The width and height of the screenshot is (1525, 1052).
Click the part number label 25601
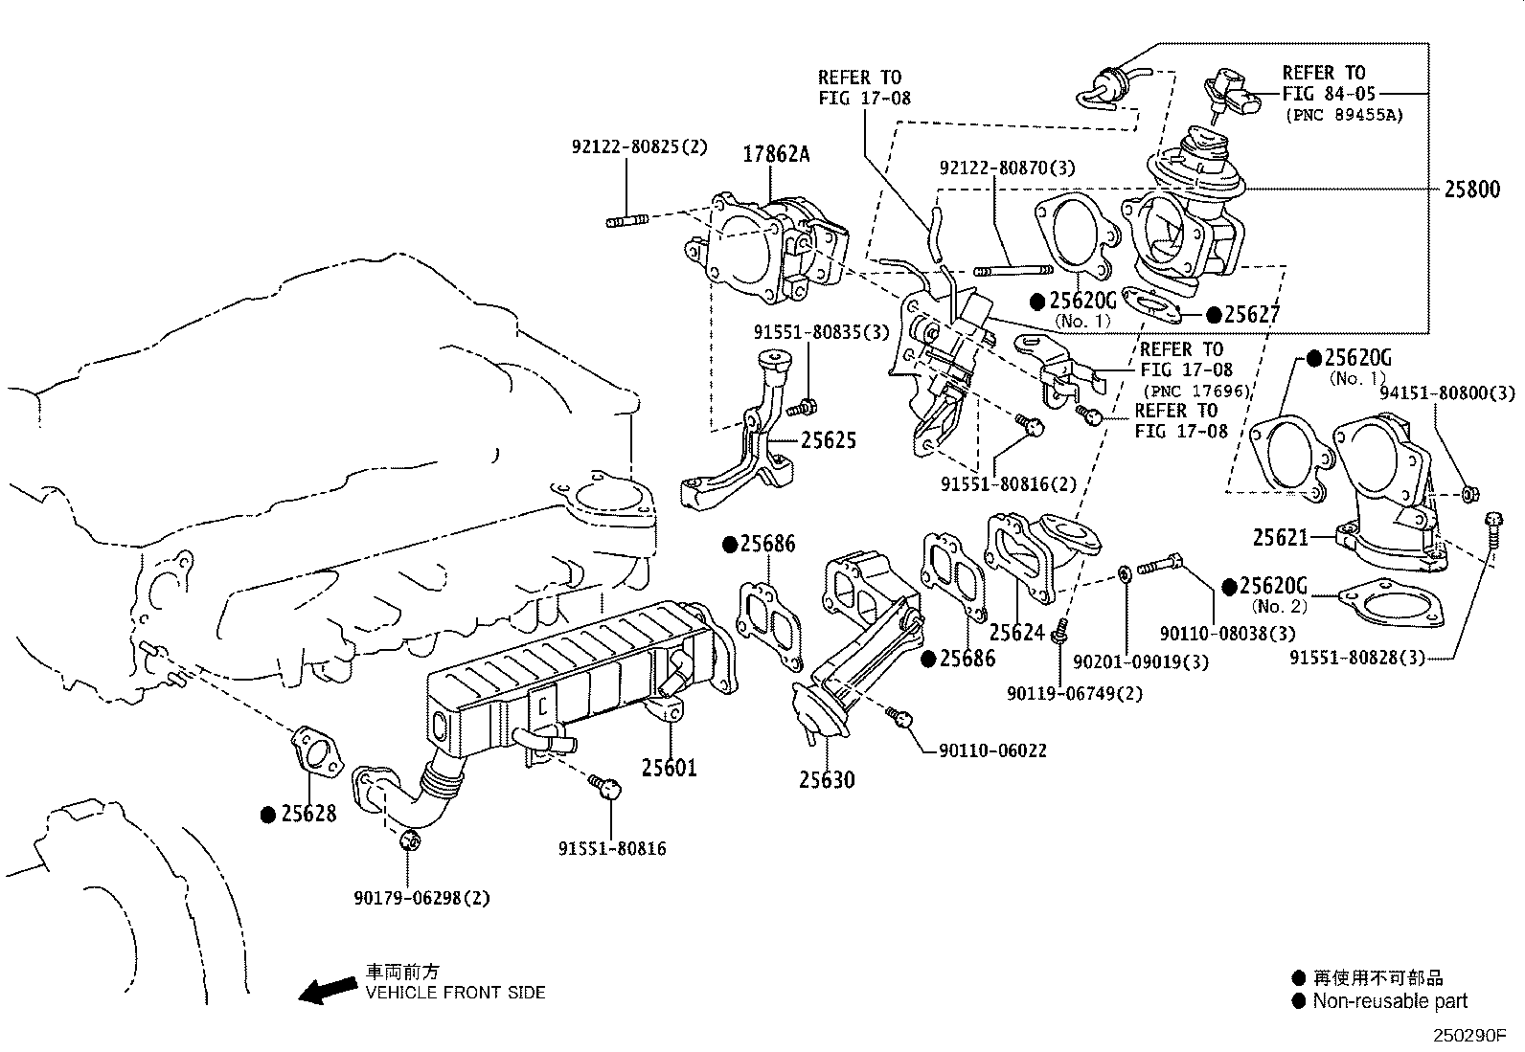(669, 768)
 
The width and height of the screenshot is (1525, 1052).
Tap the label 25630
(828, 780)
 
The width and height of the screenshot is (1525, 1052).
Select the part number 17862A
(777, 153)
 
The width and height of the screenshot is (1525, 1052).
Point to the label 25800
(1472, 189)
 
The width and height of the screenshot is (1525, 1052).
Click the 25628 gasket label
(308, 814)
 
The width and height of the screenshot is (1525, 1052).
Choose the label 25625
(829, 440)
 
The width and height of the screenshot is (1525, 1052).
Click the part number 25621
(1281, 538)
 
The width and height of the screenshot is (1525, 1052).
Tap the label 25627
(1252, 314)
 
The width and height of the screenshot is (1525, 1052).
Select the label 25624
(1017, 633)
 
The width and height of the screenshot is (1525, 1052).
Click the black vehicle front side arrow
(326, 992)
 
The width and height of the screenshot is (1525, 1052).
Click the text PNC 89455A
(1344, 115)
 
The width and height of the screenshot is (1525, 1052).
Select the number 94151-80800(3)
(1447, 392)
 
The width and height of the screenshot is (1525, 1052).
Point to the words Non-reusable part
(1390, 1001)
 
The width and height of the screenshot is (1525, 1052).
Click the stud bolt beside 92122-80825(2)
(627, 221)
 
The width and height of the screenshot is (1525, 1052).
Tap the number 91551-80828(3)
(1357, 658)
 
